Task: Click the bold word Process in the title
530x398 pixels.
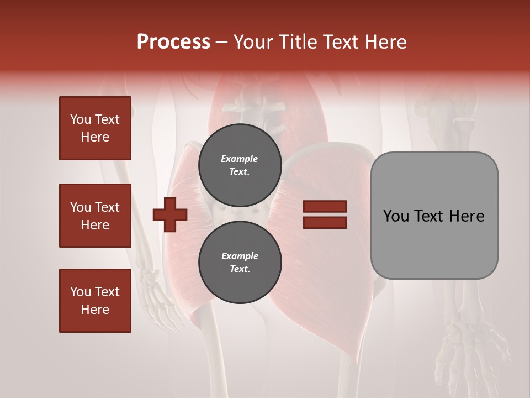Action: (173, 42)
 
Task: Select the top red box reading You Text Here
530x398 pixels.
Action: (95, 128)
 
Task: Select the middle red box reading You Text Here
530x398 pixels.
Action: (95, 216)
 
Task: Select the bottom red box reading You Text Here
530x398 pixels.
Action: (95, 301)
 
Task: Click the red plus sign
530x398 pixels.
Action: (170, 214)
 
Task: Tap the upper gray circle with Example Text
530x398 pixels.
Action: (240, 165)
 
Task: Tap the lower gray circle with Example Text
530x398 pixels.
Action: (240, 262)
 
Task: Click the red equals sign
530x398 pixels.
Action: (325, 214)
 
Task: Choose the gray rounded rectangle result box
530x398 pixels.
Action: (434, 216)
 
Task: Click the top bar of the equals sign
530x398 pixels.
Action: (325, 207)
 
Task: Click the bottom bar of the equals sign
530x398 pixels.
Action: (325, 223)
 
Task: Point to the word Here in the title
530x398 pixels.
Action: (384, 42)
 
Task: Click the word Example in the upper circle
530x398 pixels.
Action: (240, 159)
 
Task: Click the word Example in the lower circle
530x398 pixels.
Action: (240, 256)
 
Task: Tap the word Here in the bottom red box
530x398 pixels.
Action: (95, 310)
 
